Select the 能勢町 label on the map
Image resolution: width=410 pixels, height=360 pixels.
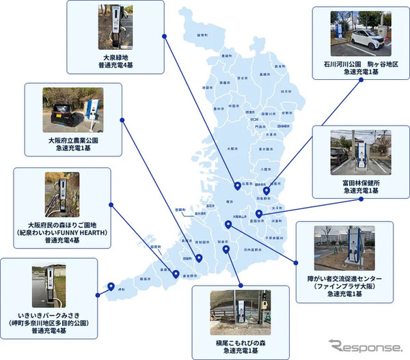[202, 33]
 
